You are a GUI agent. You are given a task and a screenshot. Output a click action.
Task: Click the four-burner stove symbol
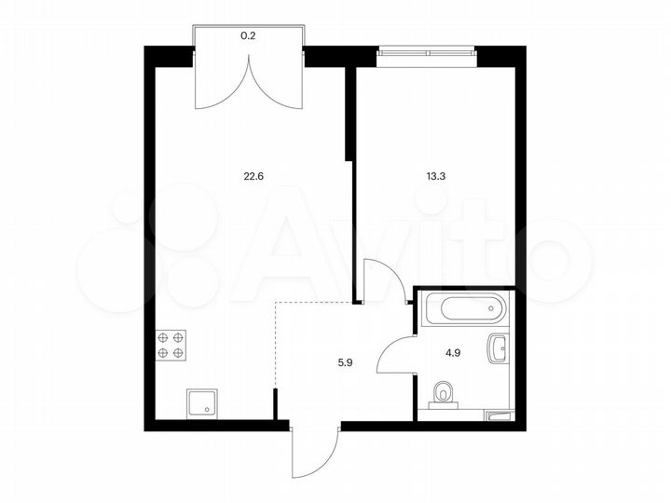[x=171, y=346]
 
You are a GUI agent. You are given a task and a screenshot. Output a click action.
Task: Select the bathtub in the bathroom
[x=463, y=308]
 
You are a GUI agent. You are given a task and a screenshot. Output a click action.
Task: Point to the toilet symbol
[x=444, y=395]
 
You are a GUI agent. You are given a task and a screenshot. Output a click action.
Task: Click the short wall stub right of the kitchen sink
[x=275, y=406]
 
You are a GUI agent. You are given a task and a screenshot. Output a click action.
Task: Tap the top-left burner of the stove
[x=163, y=337]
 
